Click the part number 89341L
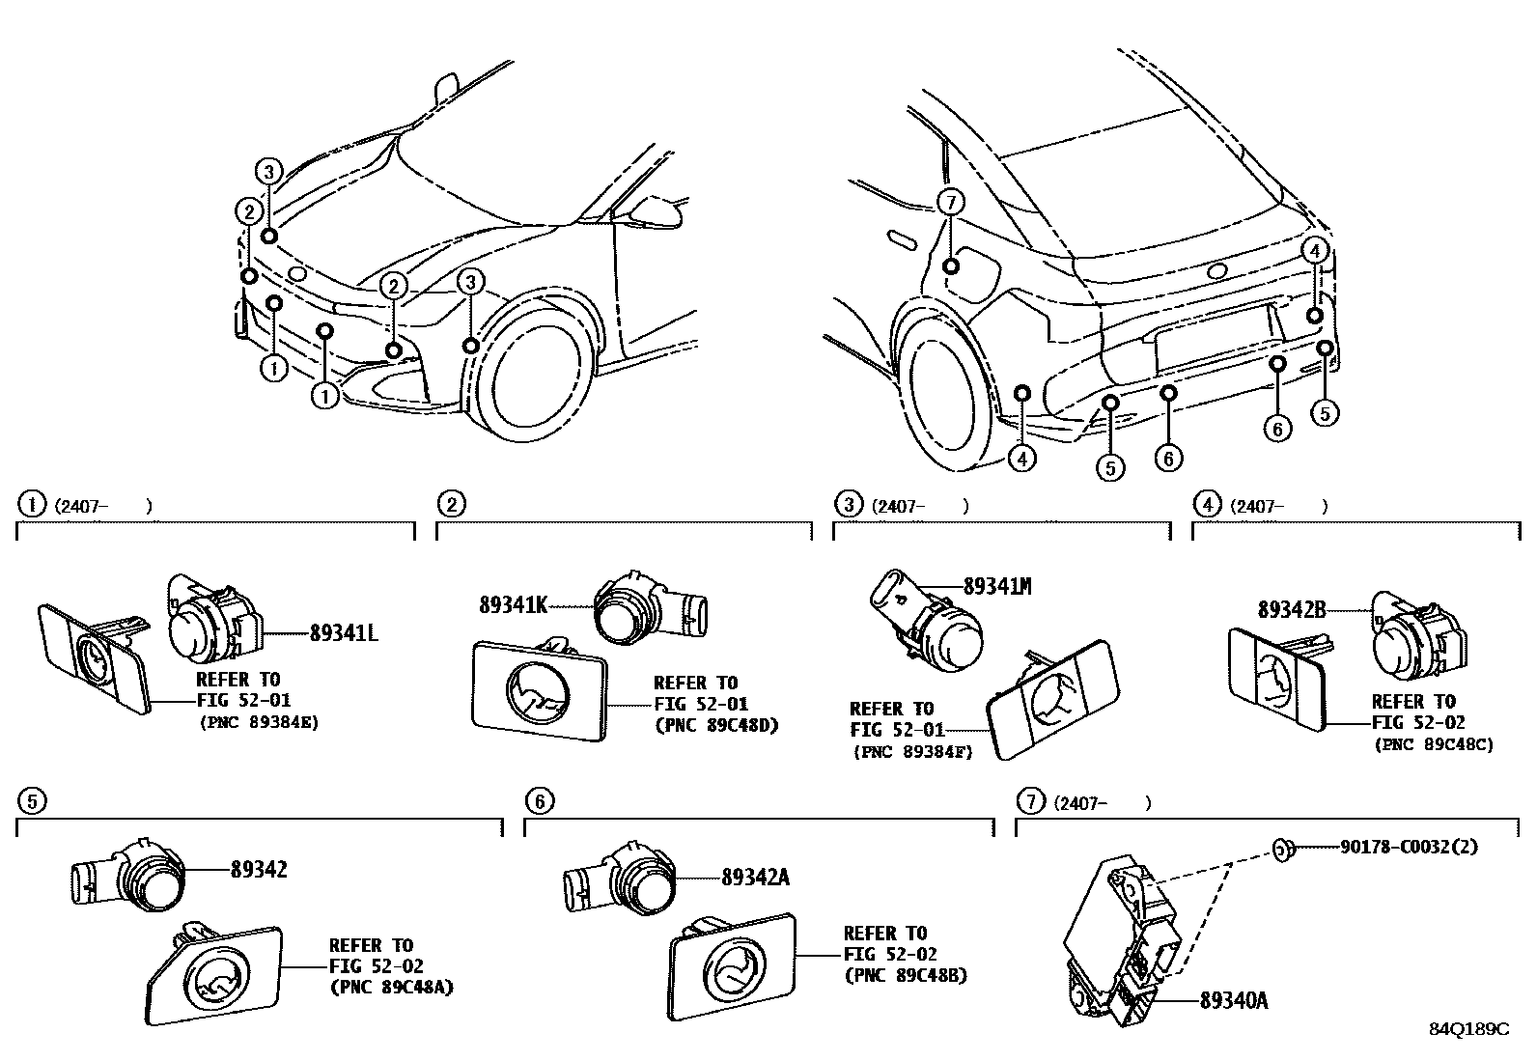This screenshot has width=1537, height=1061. [x=343, y=634]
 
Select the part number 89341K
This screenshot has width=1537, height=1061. [x=513, y=605]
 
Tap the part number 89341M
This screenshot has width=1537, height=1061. [x=996, y=586]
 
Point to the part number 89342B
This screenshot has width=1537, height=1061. [x=1291, y=609]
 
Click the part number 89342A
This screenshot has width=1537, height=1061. [x=755, y=877]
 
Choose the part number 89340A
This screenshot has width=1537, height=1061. [x=1234, y=1001]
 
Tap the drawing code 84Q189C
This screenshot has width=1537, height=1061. [x=1468, y=1029]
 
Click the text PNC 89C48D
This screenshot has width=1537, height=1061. [x=715, y=725]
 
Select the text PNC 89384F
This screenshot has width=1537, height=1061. [x=912, y=752]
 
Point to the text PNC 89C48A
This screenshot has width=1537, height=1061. [x=391, y=987]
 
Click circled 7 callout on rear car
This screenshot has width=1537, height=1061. [x=951, y=203]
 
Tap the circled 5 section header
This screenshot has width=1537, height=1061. [x=32, y=800]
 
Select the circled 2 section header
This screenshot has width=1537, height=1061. [x=450, y=503]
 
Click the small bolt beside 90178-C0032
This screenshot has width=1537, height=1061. [x=1282, y=848]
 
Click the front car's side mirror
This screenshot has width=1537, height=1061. [x=657, y=208]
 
